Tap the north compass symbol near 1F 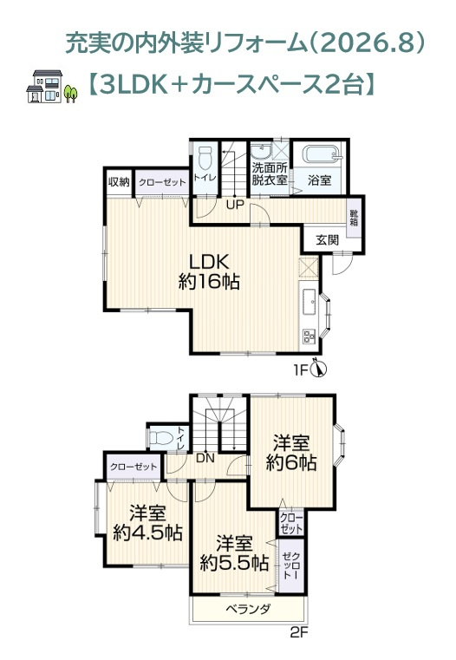pos(319,369)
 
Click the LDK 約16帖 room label pos(209,271)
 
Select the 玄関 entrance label pos(328,240)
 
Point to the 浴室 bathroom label pos(319,180)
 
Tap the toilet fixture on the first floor pos(205,158)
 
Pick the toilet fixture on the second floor pos(161,438)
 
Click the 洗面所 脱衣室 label pos(270,173)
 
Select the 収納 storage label pos(119,182)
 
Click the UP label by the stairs pos(235,206)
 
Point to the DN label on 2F pos(205,459)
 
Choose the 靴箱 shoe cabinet pos(354,218)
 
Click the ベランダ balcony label pos(248,609)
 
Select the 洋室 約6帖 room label pos(291,453)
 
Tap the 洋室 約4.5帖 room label pos(147,523)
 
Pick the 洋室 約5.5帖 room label pos(234,552)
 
